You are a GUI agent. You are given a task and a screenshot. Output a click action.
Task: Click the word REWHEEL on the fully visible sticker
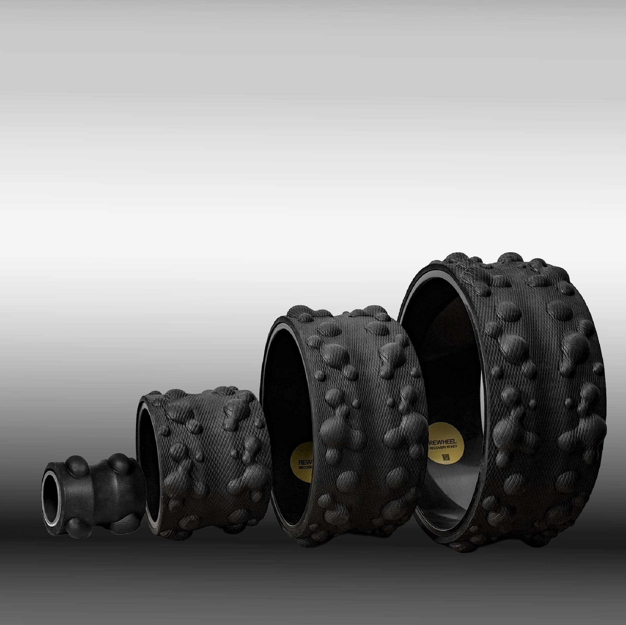click(443, 442)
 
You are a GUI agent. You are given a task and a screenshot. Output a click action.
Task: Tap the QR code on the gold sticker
click(446, 457)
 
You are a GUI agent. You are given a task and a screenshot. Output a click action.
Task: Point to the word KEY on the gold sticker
click(454, 447)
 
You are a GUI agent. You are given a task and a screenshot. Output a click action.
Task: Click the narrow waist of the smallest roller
click(97, 495)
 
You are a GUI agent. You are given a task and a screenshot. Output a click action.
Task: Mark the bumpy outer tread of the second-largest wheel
click(363, 421)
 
